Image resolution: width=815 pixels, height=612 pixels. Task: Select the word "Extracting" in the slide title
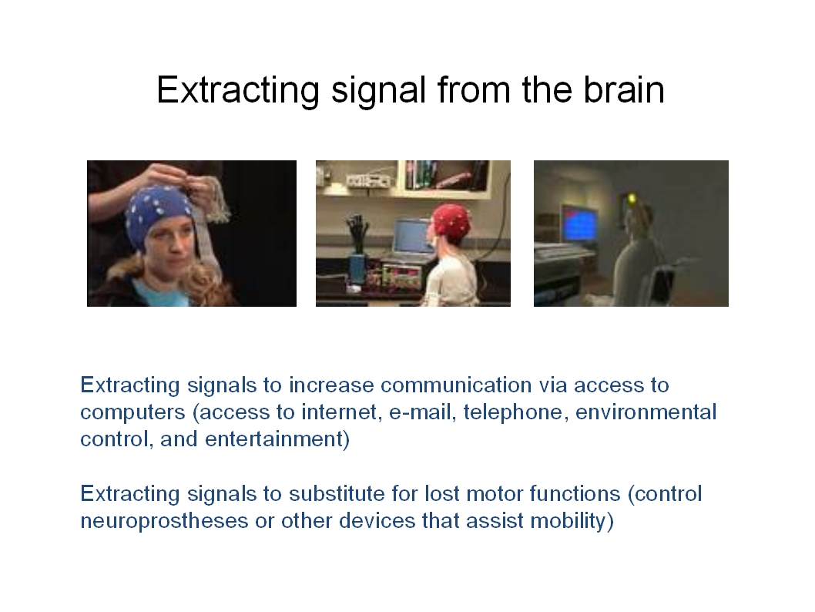[238, 91]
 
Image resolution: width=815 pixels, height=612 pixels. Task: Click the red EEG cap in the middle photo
[451, 221]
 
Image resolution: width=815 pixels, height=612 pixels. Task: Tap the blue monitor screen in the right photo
[579, 224]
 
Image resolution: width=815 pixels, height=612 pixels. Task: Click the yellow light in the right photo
[632, 198]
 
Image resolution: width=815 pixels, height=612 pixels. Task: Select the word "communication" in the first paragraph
[456, 385]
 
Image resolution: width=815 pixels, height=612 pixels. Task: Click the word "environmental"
[646, 412]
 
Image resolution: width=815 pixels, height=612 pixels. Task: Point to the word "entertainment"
[274, 439]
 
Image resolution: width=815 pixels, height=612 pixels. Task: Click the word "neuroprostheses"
[164, 521]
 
